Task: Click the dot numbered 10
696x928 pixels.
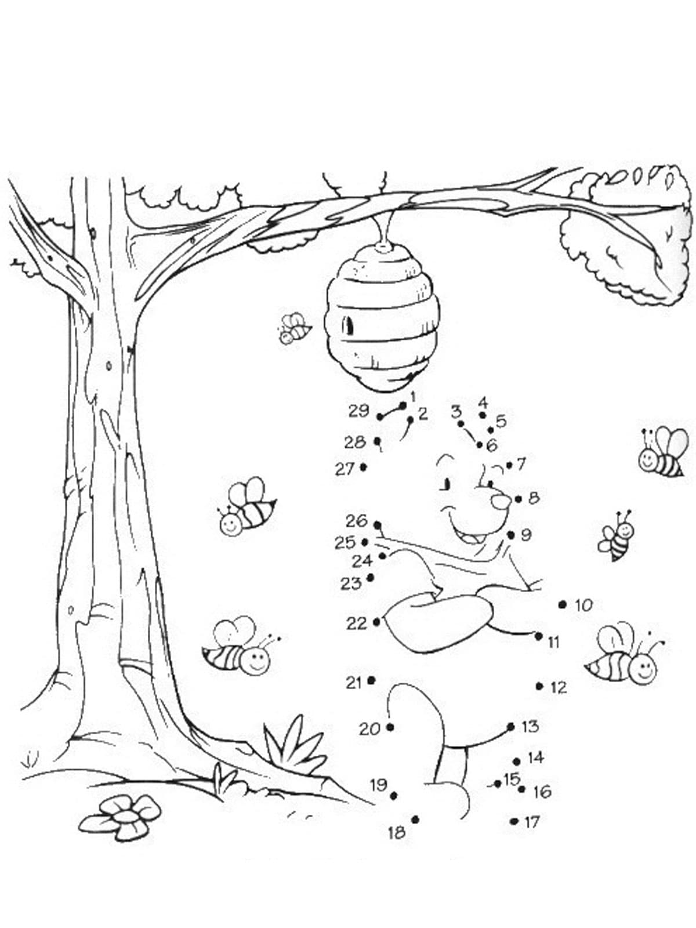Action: (x=562, y=605)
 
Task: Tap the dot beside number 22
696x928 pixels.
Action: (x=377, y=622)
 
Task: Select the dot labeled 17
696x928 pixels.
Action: (x=514, y=821)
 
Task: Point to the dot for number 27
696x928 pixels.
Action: (x=363, y=467)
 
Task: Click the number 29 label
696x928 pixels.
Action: (x=359, y=411)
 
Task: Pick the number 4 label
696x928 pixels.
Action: (x=483, y=401)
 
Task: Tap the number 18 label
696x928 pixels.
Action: (x=397, y=832)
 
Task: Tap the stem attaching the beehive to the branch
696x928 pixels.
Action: (x=385, y=229)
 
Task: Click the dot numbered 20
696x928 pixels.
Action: (x=390, y=727)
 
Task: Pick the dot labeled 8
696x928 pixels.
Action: (x=519, y=499)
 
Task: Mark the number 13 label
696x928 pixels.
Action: (x=531, y=726)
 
